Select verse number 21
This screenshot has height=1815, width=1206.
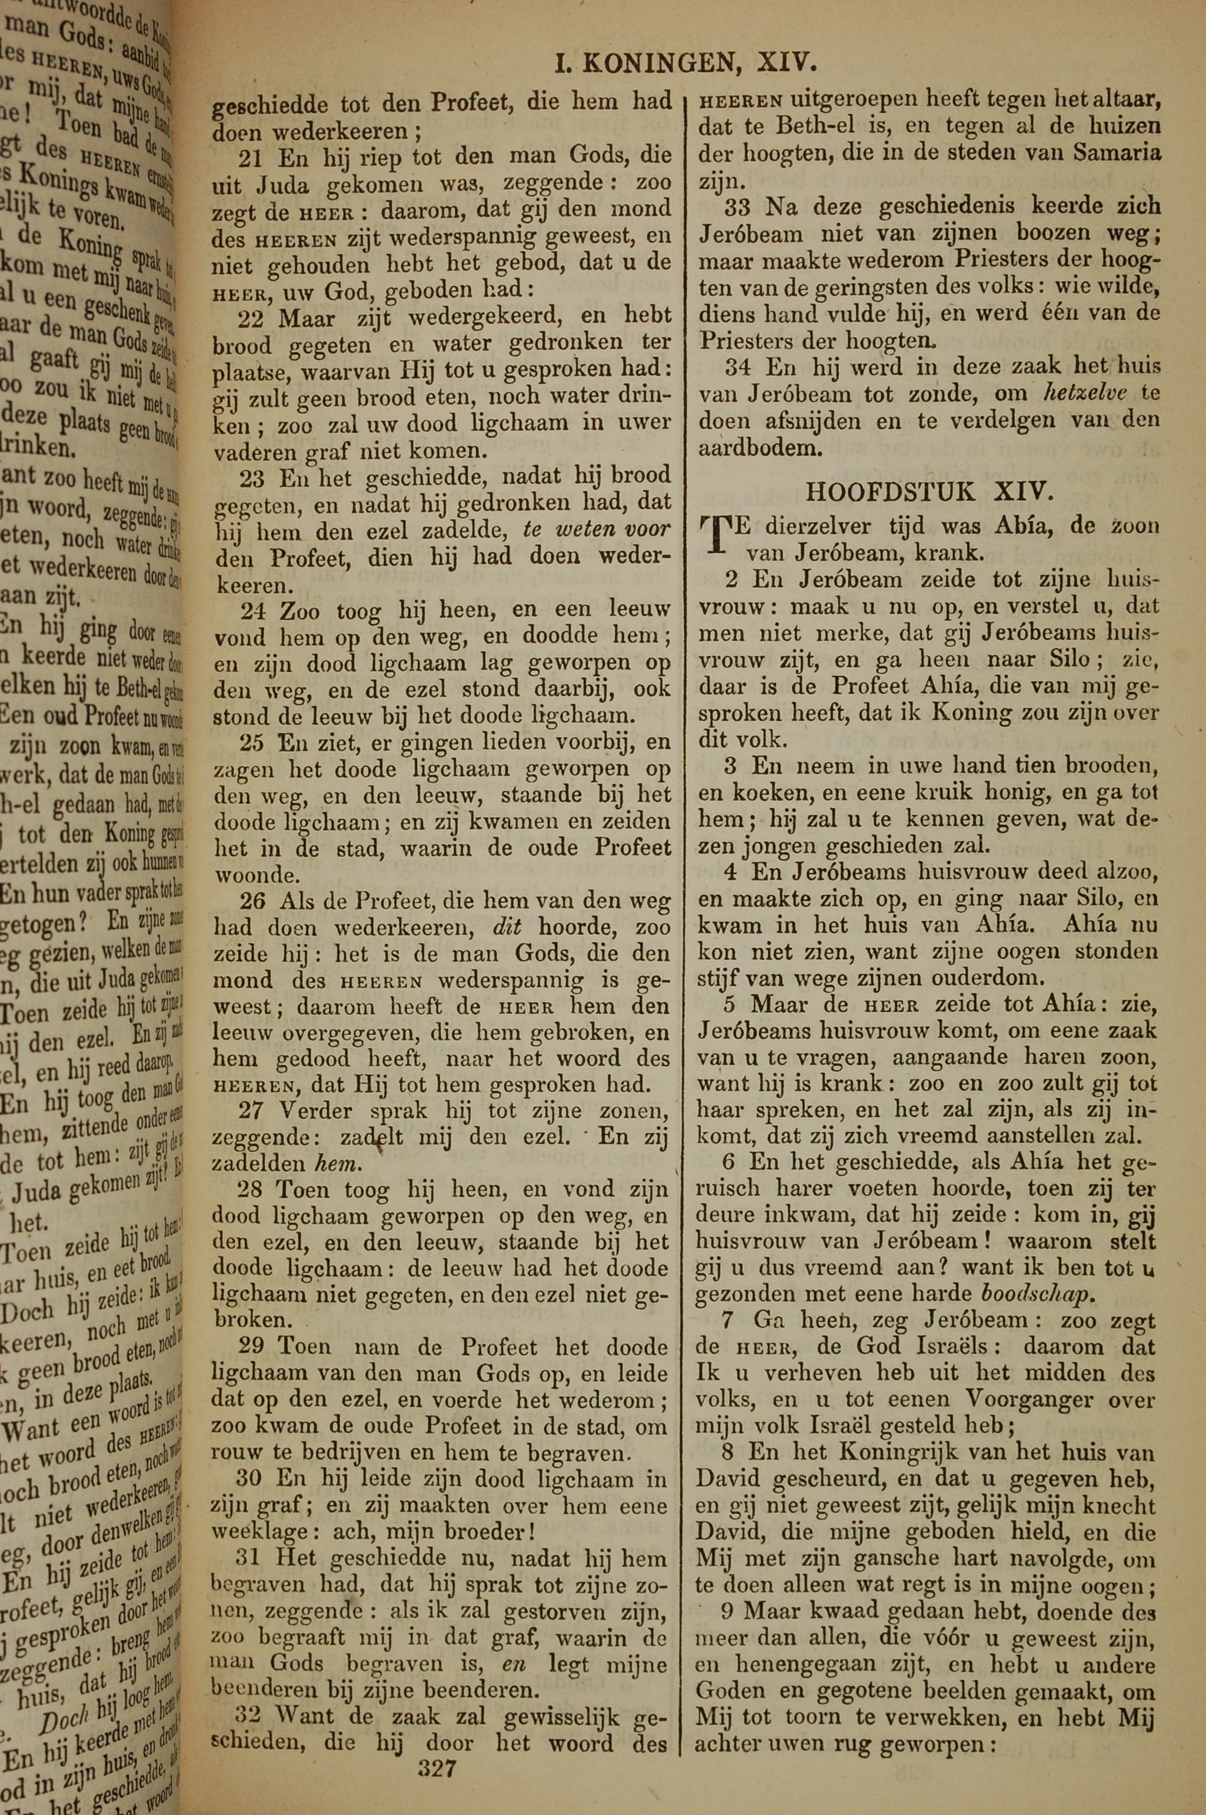coord(251,157)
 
